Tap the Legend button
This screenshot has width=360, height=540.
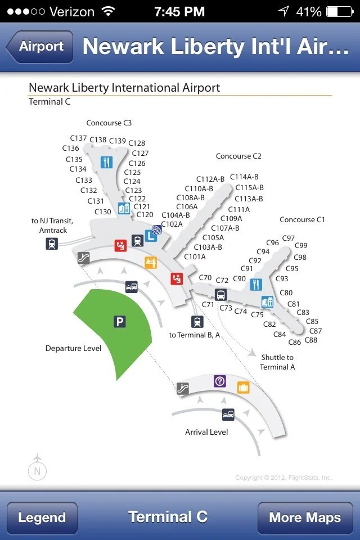42,517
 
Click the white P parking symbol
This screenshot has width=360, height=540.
119,322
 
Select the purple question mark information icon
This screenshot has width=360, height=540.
220,381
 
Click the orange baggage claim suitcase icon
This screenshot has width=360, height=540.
243,387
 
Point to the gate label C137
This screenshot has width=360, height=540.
78,138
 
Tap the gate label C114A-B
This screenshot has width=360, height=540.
244,177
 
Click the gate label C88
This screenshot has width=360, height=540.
310,340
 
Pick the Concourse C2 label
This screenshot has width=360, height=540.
238,156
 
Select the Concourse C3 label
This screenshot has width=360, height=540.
109,123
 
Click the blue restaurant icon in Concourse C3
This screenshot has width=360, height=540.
106,162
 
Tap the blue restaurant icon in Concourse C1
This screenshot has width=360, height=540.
256,285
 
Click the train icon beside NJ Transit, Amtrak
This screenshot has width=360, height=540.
52,244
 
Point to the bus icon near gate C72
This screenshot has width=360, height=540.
220,294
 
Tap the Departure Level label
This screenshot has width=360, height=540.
73,349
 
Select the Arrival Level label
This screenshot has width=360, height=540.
206,433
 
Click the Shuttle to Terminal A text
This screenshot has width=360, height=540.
277,362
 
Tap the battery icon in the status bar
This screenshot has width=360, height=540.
339,11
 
